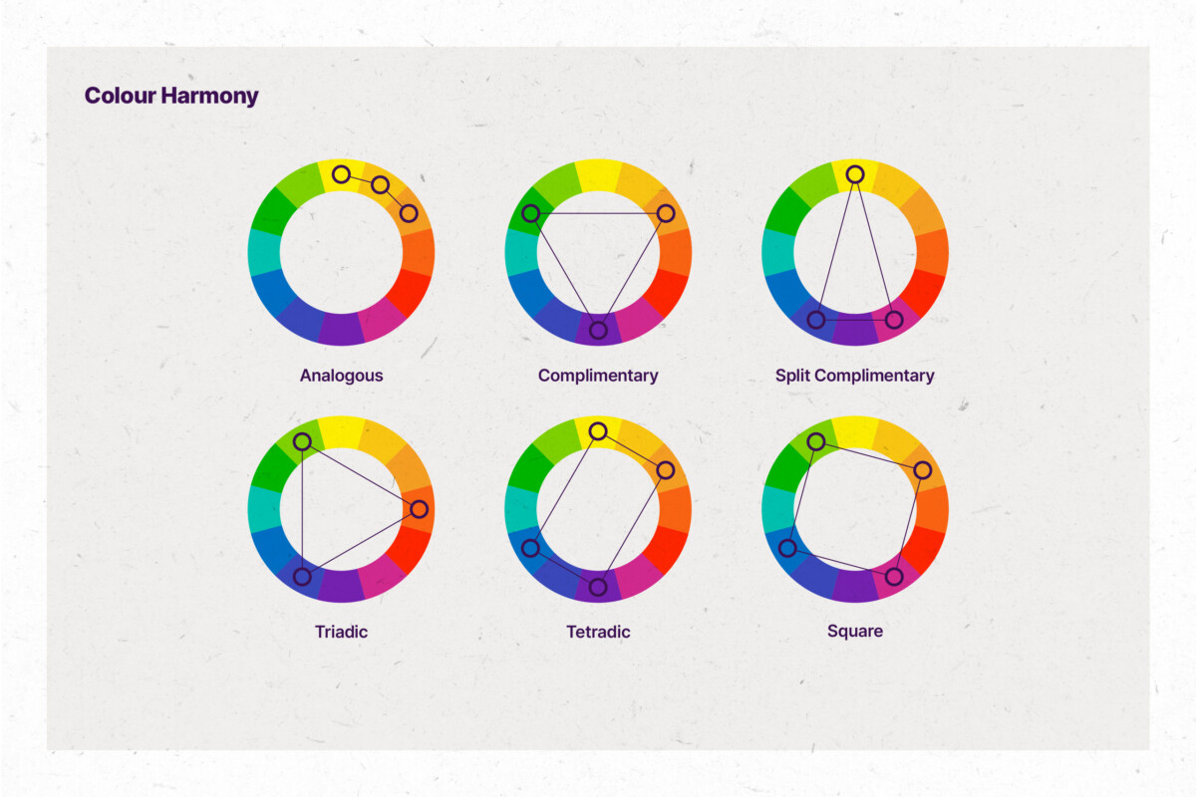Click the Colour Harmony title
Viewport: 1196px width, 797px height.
click(x=171, y=97)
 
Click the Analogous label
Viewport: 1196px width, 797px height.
click(x=341, y=376)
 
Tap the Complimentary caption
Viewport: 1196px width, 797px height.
click(x=598, y=376)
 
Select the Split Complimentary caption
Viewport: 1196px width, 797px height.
click(x=854, y=376)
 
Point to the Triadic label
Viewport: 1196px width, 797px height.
click(x=341, y=632)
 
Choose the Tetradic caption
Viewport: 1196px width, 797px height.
click(x=598, y=632)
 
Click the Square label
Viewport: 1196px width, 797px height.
click(x=854, y=632)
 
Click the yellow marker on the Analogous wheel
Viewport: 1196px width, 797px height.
click(x=341, y=174)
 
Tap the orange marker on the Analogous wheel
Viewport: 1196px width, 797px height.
click(x=408, y=212)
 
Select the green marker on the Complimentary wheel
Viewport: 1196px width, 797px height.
click(x=530, y=213)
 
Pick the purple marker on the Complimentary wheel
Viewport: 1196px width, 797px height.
click(x=598, y=330)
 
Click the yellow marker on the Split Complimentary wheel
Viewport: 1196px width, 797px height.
click(x=854, y=174)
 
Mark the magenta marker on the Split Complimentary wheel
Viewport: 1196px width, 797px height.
click(x=894, y=320)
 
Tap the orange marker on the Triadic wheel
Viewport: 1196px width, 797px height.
click(x=419, y=509)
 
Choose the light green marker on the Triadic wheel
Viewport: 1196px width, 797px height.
click(x=302, y=441)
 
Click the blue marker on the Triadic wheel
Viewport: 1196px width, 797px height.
click(x=302, y=576)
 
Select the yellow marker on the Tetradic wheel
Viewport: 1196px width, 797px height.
click(x=598, y=430)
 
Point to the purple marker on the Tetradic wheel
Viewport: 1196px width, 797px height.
click(x=598, y=586)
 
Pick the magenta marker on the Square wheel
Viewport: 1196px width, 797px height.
click(x=894, y=576)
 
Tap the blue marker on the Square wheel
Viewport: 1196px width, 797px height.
click(x=787, y=548)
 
